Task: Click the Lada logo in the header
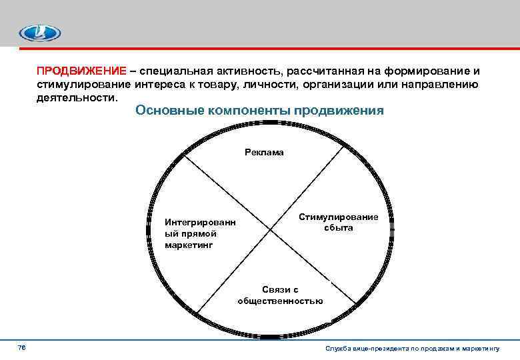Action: coord(39,33)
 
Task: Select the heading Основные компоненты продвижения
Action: coord(259,111)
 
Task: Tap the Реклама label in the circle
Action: coord(264,153)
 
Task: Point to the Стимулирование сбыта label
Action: coord(338,223)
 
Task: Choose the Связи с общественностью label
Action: coord(280,295)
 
